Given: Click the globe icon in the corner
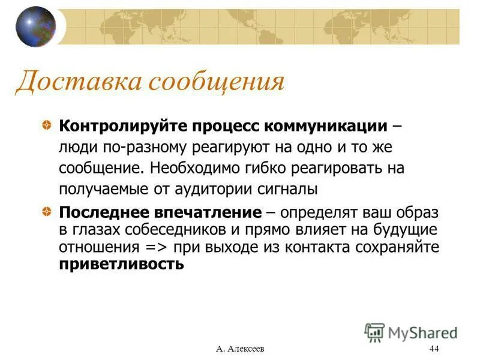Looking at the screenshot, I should pos(35,26).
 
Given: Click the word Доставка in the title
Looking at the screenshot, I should pos(77,82).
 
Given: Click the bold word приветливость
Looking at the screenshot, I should pos(121,263).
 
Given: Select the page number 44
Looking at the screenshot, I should pos(434,349).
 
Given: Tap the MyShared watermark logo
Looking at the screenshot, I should pos(412,332).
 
